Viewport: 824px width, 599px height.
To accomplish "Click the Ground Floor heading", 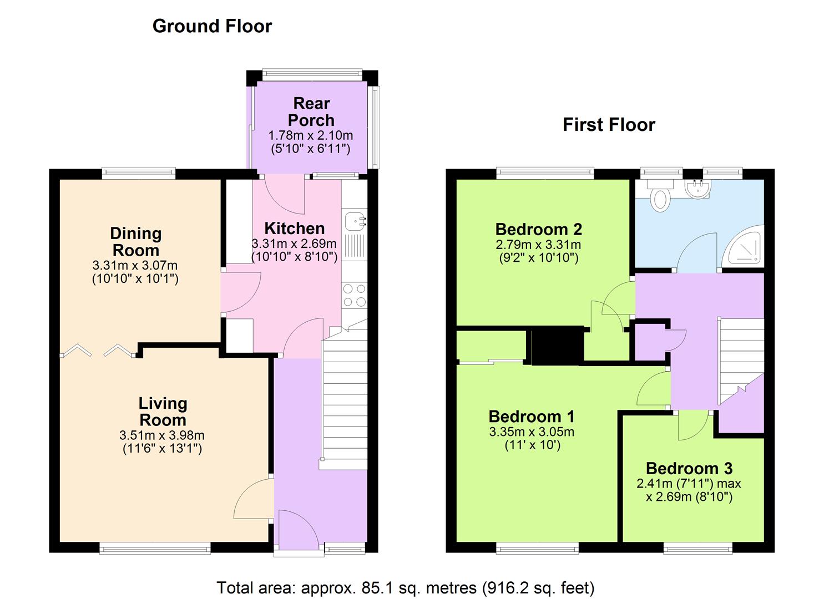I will tap(212, 26).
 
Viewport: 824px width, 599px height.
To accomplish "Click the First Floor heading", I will tap(609, 124).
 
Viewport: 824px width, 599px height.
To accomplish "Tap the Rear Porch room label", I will tap(311, 111).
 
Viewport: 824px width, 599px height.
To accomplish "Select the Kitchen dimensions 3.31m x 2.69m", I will tap(294, 243).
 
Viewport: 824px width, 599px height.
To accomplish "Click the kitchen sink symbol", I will tap(355, 221).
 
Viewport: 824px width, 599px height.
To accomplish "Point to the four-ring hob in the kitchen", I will tap(355, 295).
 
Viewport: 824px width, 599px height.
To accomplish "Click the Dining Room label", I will tap(136, 241).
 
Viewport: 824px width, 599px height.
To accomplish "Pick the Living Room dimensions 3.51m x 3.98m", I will tap(162, 435).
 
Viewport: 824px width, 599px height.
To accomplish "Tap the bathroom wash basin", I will tap(697, 189).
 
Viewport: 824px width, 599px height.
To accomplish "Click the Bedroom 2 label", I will tap(538, 229).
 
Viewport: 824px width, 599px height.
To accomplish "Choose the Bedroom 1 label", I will tap(531, 417).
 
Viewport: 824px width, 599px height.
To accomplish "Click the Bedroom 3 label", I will tap(689, 469).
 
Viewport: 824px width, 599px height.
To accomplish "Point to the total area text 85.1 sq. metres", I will tap(405, 587).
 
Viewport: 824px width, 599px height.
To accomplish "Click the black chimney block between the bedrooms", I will tap(557, 346).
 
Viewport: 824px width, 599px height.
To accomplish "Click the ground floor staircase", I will tap(345, 399).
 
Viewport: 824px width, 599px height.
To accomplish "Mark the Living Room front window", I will tap(155, 548).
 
